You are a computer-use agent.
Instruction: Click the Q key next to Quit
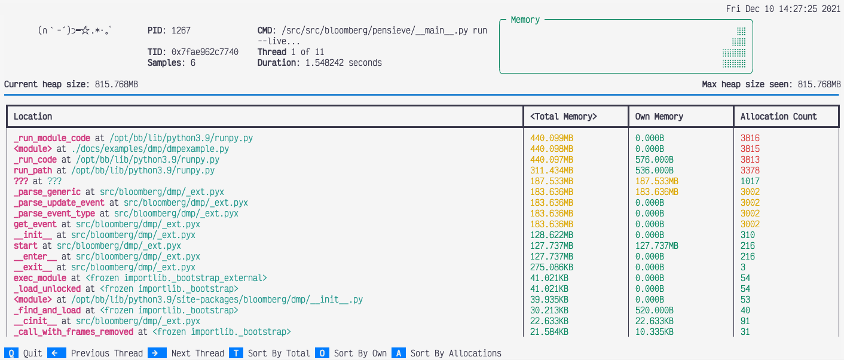pyautogui.click(x=11, y=353)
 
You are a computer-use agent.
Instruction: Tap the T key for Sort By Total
pyautogui.click(x=236, y=353)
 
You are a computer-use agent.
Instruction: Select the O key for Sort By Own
pyautogui.click(x=322, y=353)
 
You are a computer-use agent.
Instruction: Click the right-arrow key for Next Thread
pyautogui.click(x=155, y=353)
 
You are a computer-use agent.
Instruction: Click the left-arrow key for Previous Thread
pyautogui.click(x=54, y=353)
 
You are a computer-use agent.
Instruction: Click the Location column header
pyautogui.click(x=33, y=117)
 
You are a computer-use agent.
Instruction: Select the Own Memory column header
pyautogui.click(x=659, y=117)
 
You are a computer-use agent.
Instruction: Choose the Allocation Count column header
pyautogui.click(x=779, y=117)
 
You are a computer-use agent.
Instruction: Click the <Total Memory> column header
pyautogui.click(x=564, y=117)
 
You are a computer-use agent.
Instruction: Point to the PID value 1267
pyautogui.click(x=181, y=30)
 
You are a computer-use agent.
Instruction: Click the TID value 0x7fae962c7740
pyautogui.click(x=205, y=52)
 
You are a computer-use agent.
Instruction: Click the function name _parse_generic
pyautogui.click(x=47, y=192)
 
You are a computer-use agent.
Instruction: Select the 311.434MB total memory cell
pyautogui.click(x=552, y=170)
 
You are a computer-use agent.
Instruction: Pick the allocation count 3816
pyautogui.click(x=750, y=138)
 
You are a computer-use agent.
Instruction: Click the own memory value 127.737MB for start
pyautogui.click(x=657, y=246)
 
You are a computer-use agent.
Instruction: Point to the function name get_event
pyautogui.click(x=35, y=224)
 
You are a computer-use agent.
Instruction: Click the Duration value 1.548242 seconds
pyautogui.click(x=344, y=63)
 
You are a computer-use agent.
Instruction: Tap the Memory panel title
pyautogui.click(x=525, y=20)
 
